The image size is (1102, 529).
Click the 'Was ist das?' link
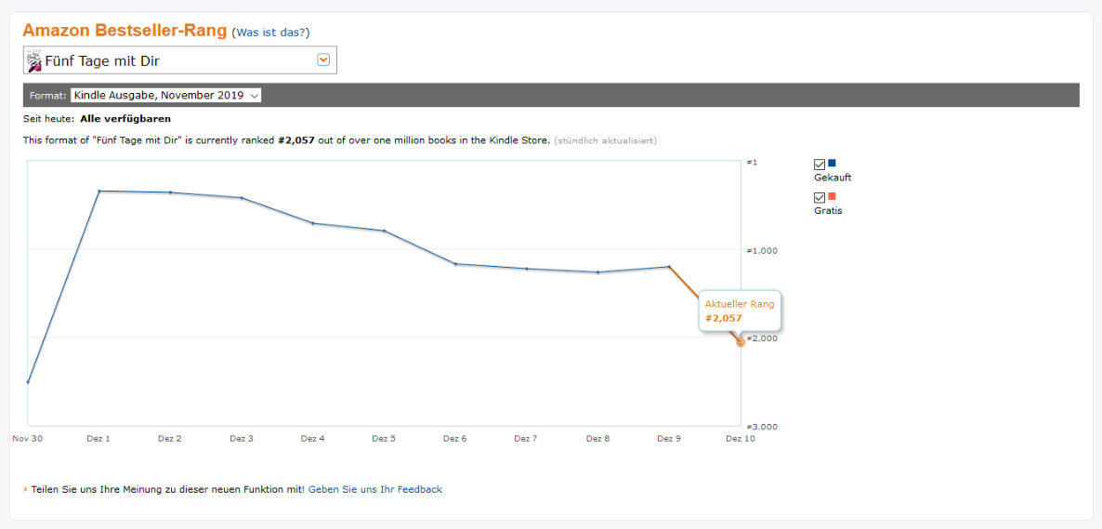pos(270,33)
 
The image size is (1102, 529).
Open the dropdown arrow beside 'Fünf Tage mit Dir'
pos(323,60)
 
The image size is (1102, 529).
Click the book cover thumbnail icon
pos(33,61)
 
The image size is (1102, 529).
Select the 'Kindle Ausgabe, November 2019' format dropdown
pos(166,95)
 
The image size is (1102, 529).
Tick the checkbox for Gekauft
pos(819,165)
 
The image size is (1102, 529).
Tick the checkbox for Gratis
pos(819,198)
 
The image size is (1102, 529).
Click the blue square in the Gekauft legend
pos(833,164)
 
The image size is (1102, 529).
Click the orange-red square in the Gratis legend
pos(833,196)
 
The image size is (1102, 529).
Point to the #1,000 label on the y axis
pos(760,250)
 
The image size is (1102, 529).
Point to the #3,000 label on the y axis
pos(760,427)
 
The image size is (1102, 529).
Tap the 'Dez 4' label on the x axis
pos(313,438)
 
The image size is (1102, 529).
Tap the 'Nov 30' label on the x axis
pos(27,438)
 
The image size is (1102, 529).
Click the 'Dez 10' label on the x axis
pos(741,438)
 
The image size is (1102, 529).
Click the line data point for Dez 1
pos(99,191)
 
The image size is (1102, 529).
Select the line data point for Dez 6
pos(455,264)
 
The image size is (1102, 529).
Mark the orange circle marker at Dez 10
pos(741,342)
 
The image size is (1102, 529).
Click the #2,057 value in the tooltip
pos(724,319)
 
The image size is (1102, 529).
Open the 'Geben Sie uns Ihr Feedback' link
pos(375,490)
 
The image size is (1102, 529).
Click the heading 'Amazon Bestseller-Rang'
pos(125,31)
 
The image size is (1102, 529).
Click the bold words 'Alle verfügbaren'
pos(125,119)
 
